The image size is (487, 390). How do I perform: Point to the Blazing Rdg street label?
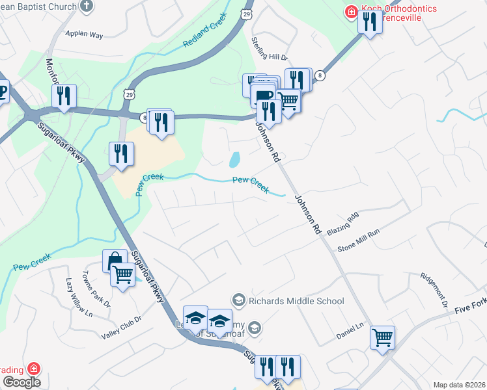[343, 224]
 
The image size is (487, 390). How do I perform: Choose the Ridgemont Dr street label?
[434, 290]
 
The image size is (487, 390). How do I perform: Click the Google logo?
[21, 382]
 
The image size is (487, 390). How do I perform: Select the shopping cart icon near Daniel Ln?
[382, 337]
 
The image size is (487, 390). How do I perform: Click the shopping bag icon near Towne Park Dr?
[115, 261]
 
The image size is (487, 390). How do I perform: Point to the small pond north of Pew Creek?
[234, 159]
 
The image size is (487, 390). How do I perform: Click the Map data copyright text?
[458, 385]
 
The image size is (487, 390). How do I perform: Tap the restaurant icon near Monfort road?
[64, 96]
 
